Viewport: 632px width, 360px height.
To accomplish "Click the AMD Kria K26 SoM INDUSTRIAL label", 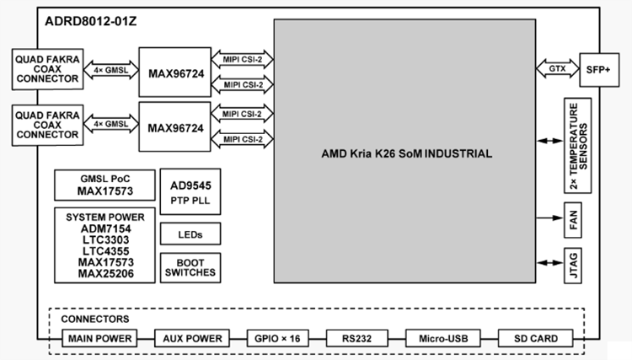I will click(x=407, y=154).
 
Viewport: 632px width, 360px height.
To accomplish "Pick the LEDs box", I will click(x=189, y=233).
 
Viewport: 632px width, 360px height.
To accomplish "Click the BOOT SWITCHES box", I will click(x=189, y=266).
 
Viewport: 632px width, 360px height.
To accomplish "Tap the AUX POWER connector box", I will click(x=190, y=339).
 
